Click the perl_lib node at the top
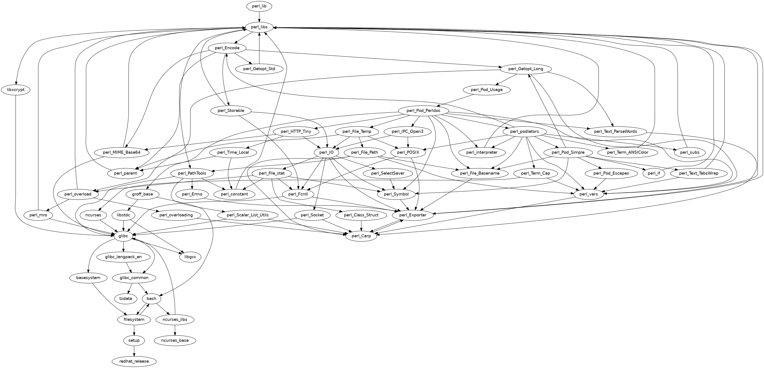(x=259, y=6)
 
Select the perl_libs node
(x=259, y=27)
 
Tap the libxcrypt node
(x=16, y=90)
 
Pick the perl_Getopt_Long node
(x=526, y=69)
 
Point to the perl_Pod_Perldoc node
(x=423, y=111)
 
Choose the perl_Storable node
(x=231, y=111)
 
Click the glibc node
(x=123, y=236)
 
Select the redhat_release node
(x=134, y=361)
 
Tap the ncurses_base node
(x=175, y=340)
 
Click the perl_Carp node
(x=361, y=236)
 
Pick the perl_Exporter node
(x=413, y=215)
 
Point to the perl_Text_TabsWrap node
(x=698, y=173)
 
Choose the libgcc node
(x=190, y=257)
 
